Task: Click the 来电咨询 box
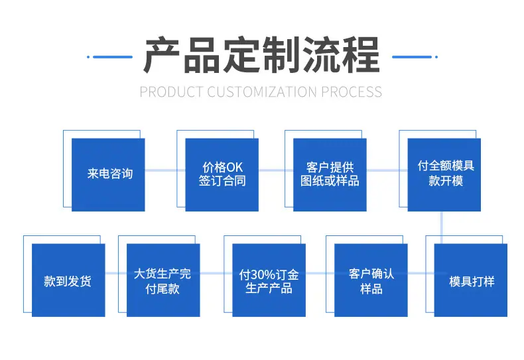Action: click(108, 174)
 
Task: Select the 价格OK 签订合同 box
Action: click(222, 174)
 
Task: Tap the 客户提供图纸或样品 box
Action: click(330, 174)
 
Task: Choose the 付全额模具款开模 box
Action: click(444, 174)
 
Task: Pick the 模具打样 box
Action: click(470, 280)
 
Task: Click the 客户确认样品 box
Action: click(371, 280)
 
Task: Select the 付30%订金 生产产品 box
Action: click(269, 280)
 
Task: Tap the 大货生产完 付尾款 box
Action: click(163, 280)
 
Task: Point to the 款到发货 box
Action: click(68, 280)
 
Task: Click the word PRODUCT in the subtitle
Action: click(171, 92)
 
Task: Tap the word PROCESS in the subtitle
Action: click(352, 92)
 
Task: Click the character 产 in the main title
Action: click(162, 55)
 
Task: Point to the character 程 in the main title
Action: click(361, 55)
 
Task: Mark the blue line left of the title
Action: click(109, 57)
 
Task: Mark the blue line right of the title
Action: click(415, 57)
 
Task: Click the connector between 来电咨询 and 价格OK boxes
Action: click(165, 170)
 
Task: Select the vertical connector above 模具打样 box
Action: click(442, 227)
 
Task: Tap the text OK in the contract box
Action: click(235, 167)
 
